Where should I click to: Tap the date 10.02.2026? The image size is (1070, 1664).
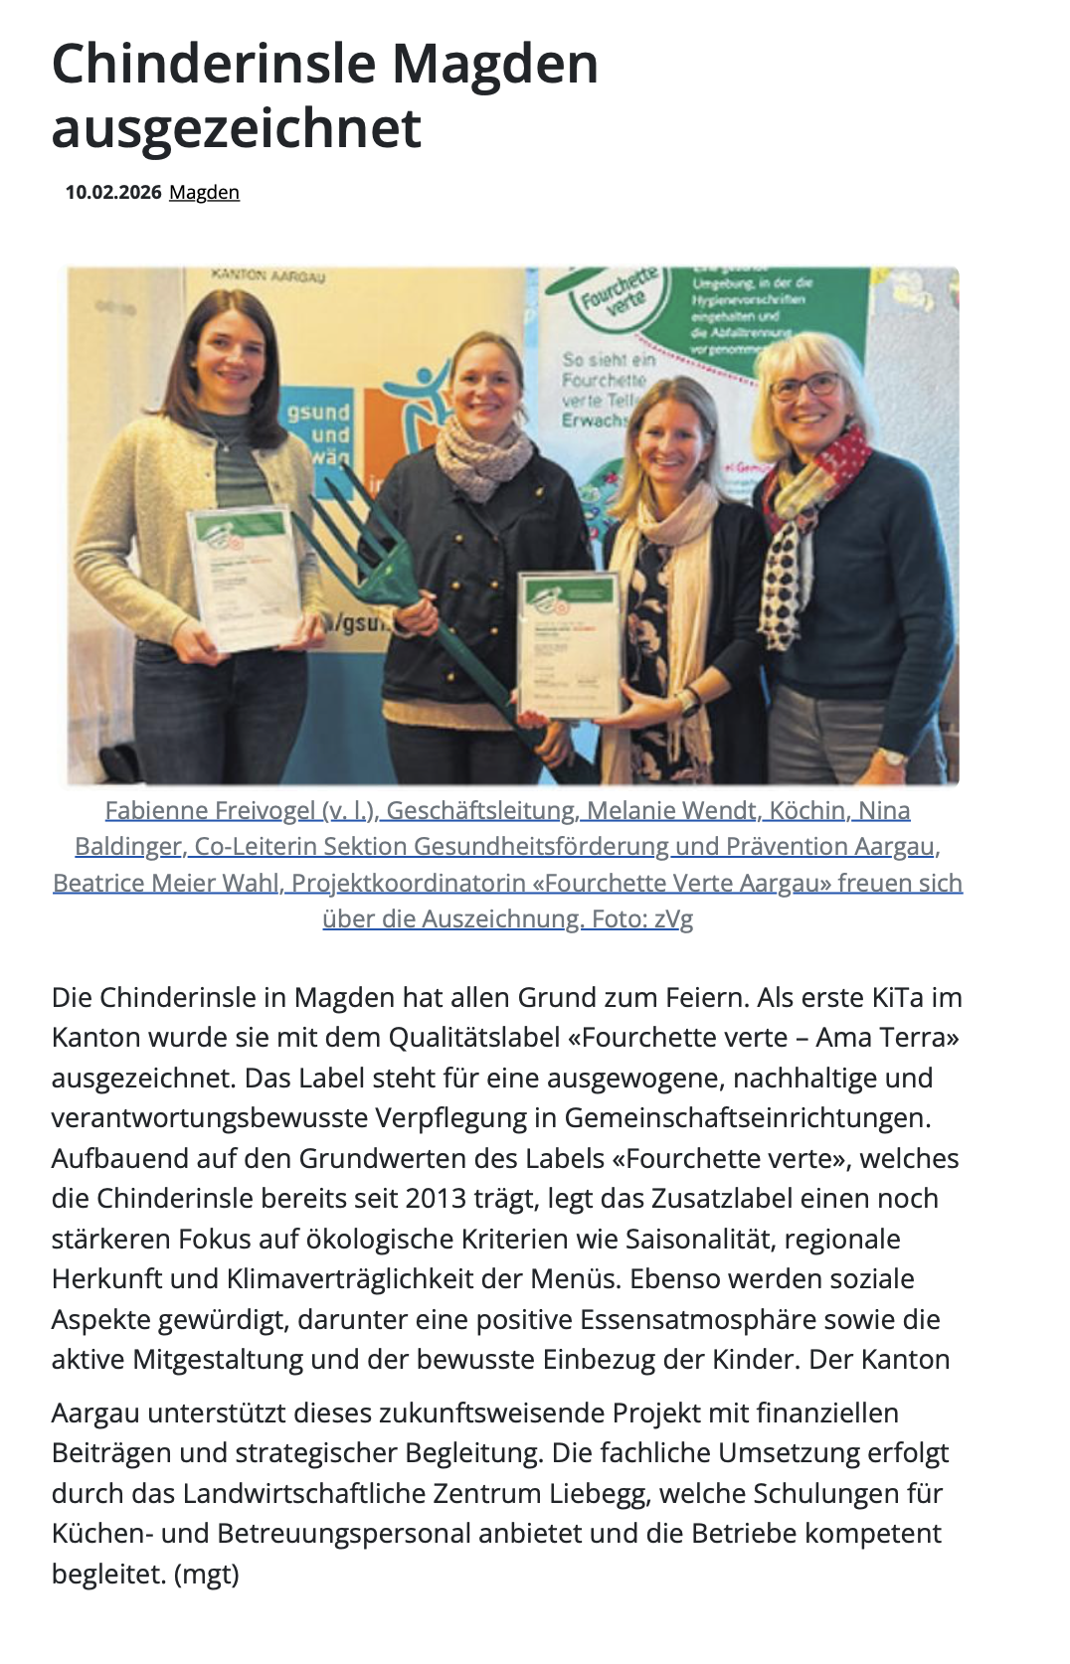(x=113, y=193)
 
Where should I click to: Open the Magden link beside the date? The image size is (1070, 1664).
(x=204, y=193)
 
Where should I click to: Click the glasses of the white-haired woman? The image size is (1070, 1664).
(x=805, y=386)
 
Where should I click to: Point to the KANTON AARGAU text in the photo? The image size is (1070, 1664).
(x=268, y=276)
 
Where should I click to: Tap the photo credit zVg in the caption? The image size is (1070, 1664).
(x=673, y=919)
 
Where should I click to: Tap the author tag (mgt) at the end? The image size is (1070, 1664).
(x=207, y=1575)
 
